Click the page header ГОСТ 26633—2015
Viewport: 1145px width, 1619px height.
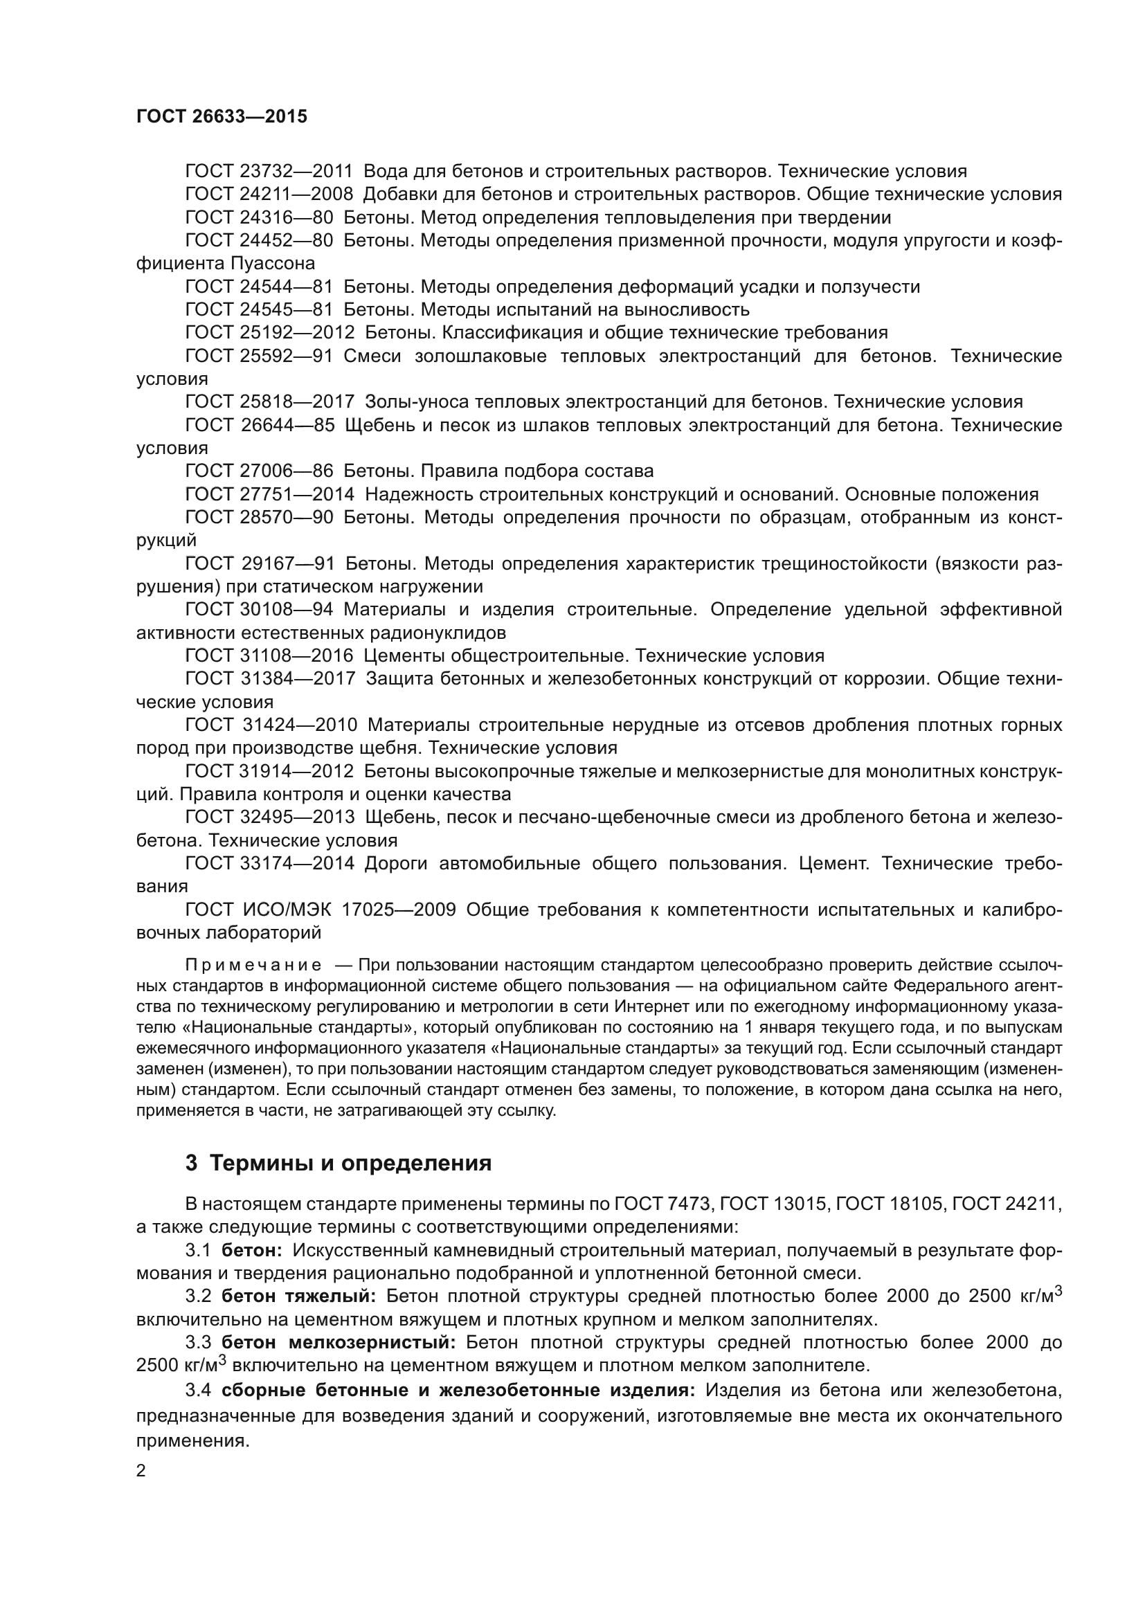tap(222, 117)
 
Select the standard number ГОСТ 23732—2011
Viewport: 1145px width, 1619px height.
tap(269, 172)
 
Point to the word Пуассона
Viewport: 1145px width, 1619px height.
tap(272, 264)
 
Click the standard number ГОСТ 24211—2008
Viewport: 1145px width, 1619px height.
tap(269, 195)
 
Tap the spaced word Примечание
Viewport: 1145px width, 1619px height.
tap(253, 966)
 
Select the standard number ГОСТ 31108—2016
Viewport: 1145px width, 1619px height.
tap(269, 655)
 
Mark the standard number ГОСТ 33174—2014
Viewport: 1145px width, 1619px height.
tap(269, 863)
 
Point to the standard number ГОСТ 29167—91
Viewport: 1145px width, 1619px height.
tap(260, 563)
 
